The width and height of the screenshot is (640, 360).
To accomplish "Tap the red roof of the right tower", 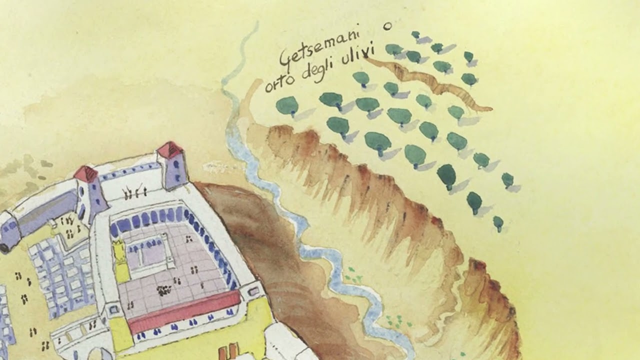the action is pos(170,149).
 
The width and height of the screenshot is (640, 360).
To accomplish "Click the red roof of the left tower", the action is pos(86,174).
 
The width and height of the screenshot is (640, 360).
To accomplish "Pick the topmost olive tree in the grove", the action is pos(415,35).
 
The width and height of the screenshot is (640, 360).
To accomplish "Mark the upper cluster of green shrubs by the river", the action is pos(354,274).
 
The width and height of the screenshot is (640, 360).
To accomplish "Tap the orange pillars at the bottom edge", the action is pos(228,352).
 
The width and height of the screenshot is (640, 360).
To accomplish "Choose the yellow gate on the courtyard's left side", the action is pos(120,260).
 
